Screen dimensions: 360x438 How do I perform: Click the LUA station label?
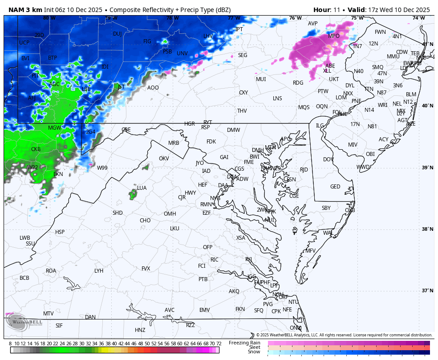click(x=142, y=188)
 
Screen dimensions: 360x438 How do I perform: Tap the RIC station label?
click(x=215, y=260)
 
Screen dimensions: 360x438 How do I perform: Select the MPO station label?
click(x=333, y=36)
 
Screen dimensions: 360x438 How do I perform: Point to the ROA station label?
click(x=51, y=271)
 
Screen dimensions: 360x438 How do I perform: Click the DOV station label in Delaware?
click(x=328, y=160)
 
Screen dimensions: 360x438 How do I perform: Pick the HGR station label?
click(x=190, y=124)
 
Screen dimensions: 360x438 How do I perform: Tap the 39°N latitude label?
click(x=427, y=168)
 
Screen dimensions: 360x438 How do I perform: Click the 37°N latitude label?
click(x=427, y=290)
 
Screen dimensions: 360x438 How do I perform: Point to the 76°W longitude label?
click(x=295, y=18)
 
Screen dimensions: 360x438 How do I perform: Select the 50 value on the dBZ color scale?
click(x=147, y=344)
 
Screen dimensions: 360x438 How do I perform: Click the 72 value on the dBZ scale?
click(x=219, y=344)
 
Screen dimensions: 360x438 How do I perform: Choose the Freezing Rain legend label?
click(x=244, y=343)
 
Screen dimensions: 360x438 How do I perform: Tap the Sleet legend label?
click(x=254, y=347)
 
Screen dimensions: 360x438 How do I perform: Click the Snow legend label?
click(x=254, y=352)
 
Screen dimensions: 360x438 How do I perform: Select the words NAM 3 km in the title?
click(x=25, y=10)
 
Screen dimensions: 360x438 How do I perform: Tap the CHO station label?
click(x=145, y=221)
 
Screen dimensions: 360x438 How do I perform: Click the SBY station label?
click(x=326, y=208)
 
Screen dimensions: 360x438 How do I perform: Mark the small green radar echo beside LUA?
click(x=133, y=193)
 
